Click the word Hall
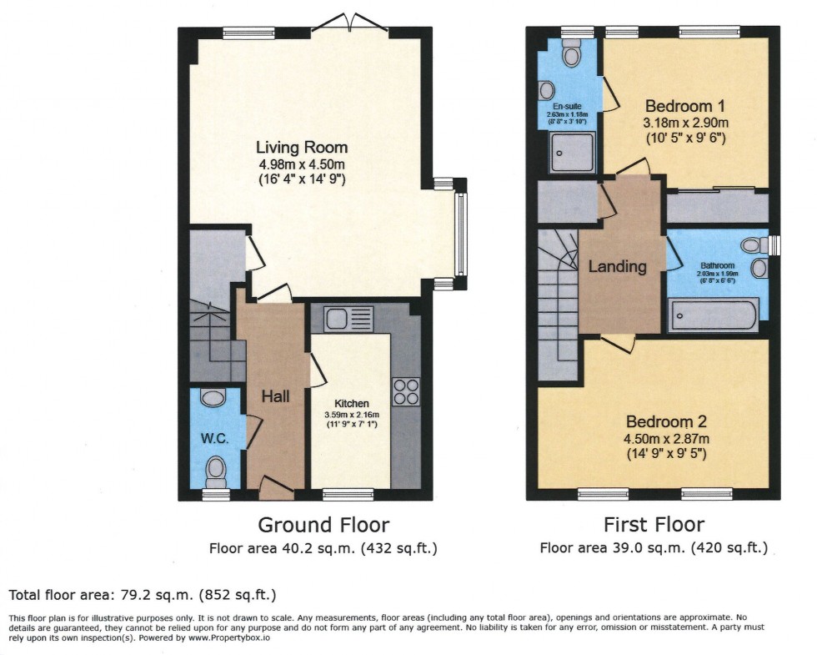275,396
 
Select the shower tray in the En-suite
568,152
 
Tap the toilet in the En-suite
571,55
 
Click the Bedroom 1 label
686,107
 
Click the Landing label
618,267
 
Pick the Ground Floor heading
323,525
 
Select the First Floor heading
654,525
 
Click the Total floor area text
142,595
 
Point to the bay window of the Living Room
460,233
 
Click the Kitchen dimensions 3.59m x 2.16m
351,415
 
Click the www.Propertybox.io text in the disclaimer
227,637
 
